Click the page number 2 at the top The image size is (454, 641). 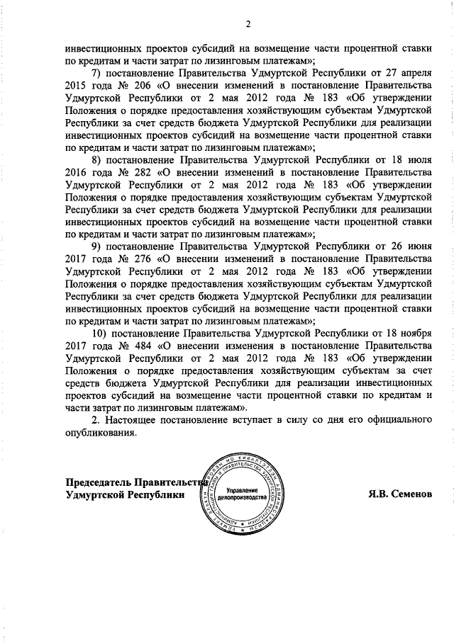coord(248,26)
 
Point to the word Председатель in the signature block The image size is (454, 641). coord(97,481)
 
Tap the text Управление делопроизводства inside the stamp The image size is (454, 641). coord(241,495)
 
